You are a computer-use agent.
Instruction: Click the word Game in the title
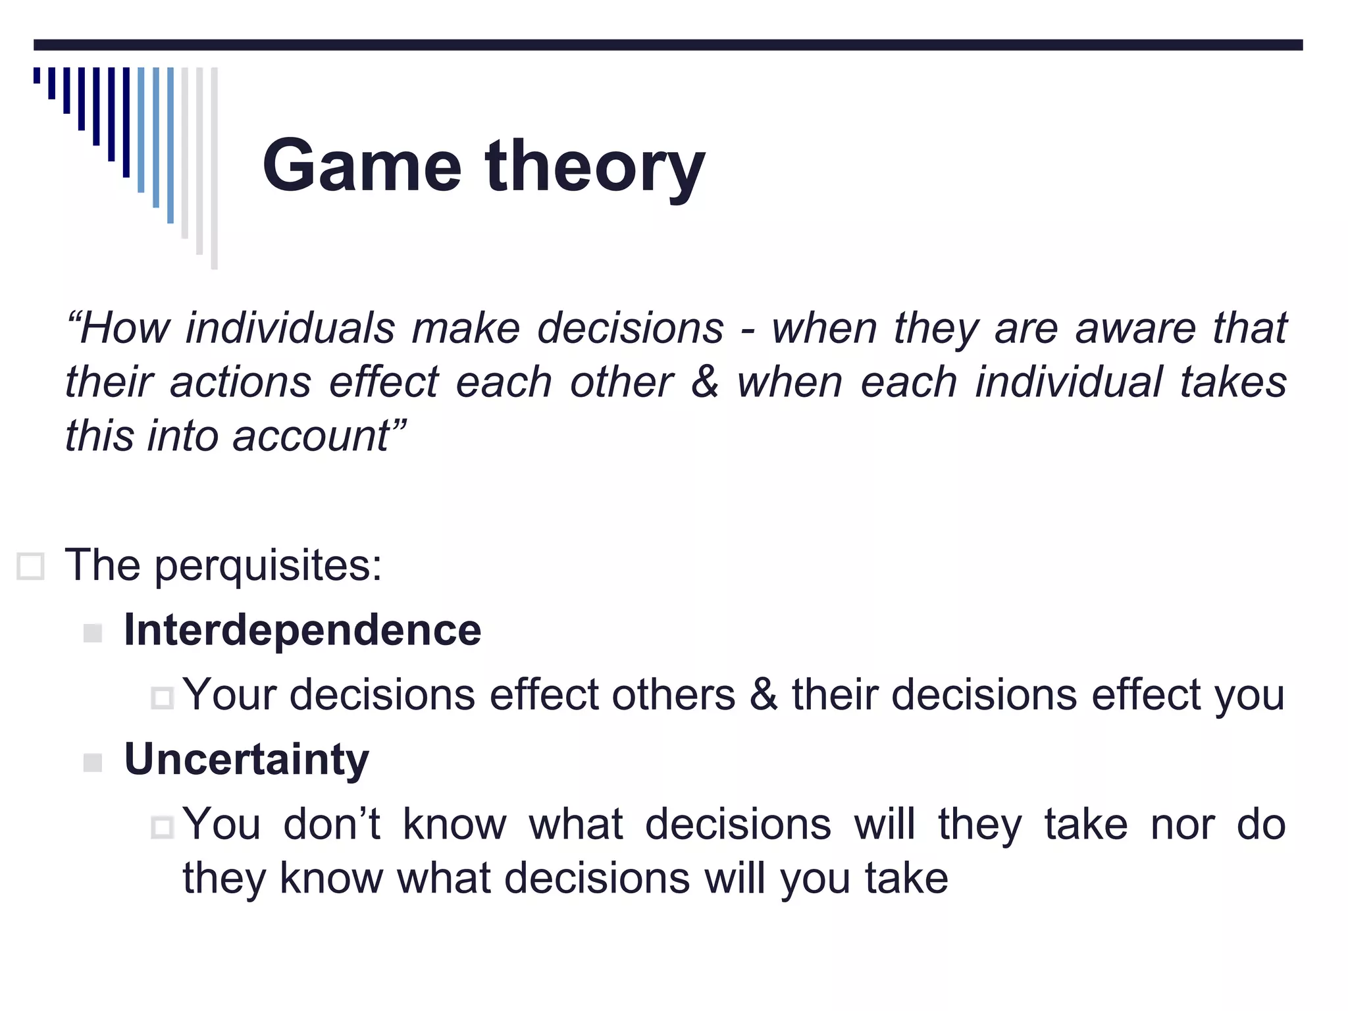point(361,166)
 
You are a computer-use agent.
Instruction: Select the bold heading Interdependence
point(302,630)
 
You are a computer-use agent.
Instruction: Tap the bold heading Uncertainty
point(246,760)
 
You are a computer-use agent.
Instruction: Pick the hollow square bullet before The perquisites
point(30,566)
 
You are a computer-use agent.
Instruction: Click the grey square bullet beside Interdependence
point(93,633)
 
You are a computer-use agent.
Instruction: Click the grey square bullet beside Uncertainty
point(93,763)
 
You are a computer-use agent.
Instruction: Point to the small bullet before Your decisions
point(162,698)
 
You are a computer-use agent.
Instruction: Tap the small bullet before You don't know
point(162,827)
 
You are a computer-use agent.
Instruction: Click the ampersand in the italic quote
point(704,382)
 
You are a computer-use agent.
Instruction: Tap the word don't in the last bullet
point(332,824)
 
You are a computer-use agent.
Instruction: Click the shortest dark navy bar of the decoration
point(37,75)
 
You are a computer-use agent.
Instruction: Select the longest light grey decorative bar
point(214,168)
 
